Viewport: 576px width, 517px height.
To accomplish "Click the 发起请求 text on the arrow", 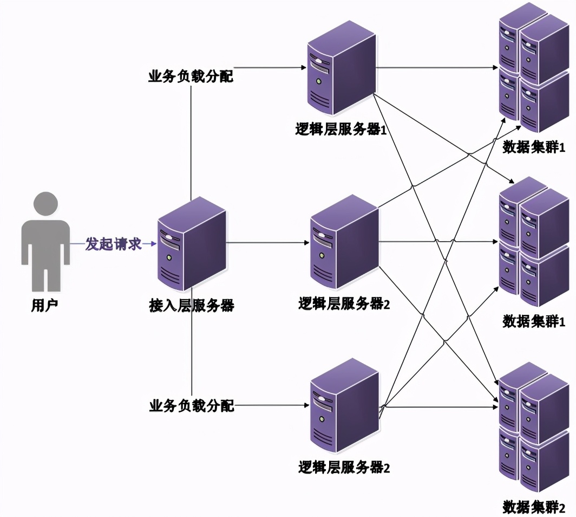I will click(x=113, y=244).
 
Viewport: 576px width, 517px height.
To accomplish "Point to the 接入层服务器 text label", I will click(x=191, y=306).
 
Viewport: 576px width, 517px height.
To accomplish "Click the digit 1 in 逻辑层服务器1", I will click(x=381, y=130).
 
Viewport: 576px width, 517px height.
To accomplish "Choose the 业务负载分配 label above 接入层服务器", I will click(x=191, y=76).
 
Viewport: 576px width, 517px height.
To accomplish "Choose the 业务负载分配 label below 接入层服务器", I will click(x=191, y=405).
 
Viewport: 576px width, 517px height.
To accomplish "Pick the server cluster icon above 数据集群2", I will click(x=534, y=428).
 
